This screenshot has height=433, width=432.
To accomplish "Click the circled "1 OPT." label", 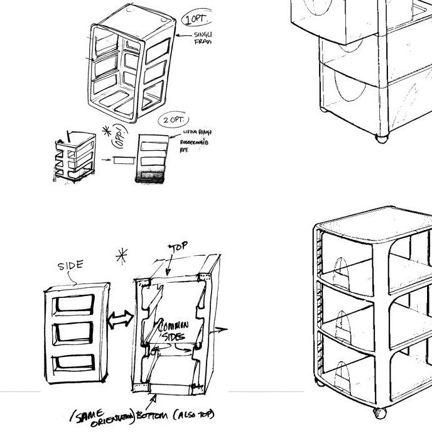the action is click(x=195, y=19).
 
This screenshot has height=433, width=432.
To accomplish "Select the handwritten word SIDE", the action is click(x=70, y=266).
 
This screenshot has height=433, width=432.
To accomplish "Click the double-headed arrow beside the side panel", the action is click(x=119, y=319).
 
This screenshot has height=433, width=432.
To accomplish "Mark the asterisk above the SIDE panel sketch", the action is click(x=122, y=256).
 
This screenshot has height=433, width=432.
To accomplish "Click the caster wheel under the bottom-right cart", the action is click(x=379, y=413).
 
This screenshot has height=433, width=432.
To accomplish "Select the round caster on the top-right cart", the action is click(x=381, y=137).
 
